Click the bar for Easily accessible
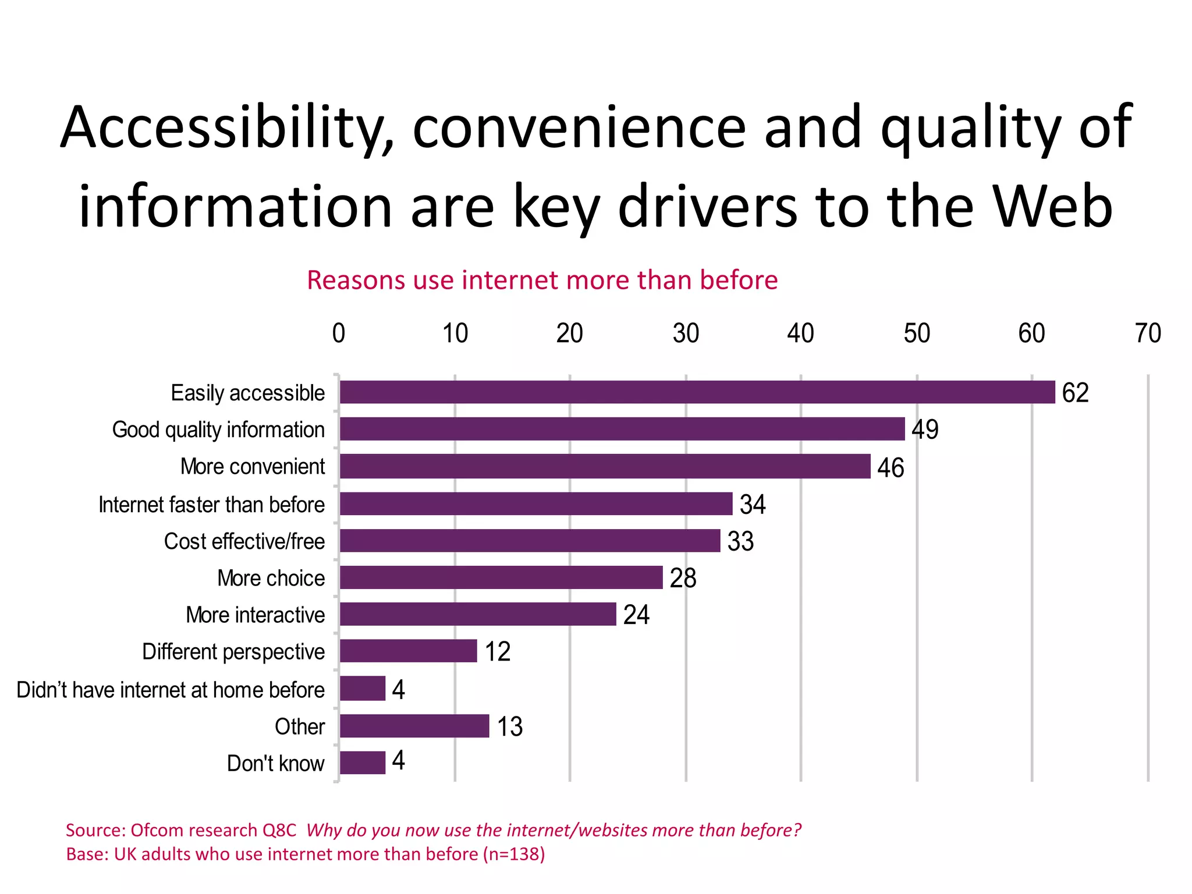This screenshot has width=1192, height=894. [697, 392]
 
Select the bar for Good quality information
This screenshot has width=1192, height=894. [622, 429]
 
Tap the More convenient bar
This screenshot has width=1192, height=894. [605, 466]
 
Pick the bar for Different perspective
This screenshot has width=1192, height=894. [408, 651]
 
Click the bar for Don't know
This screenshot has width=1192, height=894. [362, 762]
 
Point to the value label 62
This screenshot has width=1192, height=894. [1075, 393]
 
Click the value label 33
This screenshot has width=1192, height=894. [740, 541]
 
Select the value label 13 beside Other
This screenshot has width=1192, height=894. [510, 726]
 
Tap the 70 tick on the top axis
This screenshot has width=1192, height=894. [1148, 334]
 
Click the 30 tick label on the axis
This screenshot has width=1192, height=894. [686, 334]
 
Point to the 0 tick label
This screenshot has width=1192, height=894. [339, 334]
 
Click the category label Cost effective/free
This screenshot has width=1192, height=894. [244, 541]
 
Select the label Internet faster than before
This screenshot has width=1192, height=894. [211, 505]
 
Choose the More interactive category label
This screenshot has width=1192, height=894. [255, 615]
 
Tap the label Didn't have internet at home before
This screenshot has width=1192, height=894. [171, 690]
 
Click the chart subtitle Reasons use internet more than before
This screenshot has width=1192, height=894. [542, 280]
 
